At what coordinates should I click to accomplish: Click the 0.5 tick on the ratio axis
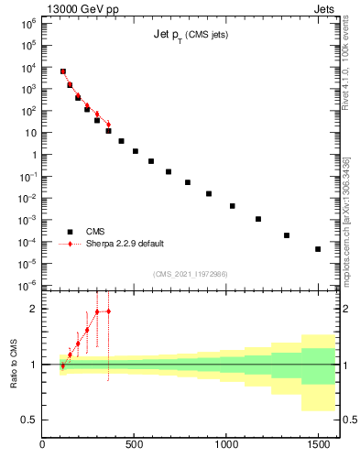[29, 420]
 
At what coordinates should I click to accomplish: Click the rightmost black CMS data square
[318, 249]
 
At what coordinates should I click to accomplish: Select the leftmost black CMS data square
[63, 71]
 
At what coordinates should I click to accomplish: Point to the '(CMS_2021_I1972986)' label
[190, 274]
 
